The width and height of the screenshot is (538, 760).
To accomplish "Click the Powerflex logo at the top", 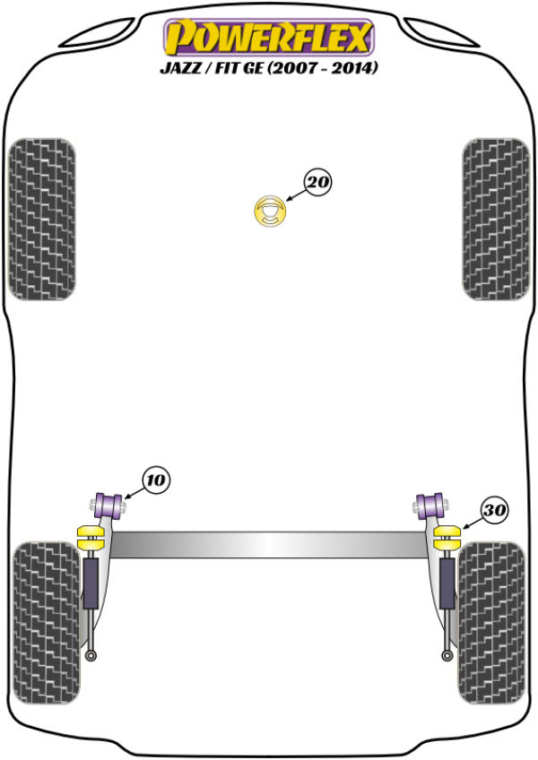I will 267,38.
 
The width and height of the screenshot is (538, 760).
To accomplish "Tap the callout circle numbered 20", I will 317,184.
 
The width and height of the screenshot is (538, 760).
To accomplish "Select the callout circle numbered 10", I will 155,480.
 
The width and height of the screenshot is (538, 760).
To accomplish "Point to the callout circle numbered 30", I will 495,510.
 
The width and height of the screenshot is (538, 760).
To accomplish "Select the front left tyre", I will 40,219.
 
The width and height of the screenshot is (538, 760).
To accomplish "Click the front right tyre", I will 496,219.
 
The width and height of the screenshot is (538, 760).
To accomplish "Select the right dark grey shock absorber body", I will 447,586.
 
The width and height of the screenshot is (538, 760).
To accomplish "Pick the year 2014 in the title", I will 354,67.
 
